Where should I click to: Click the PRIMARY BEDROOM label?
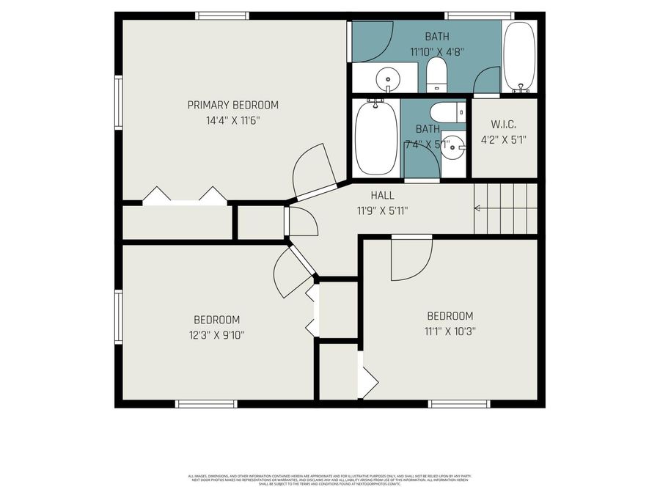[232, 105]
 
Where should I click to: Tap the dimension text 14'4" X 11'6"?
[232, 120]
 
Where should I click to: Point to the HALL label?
[382, 195]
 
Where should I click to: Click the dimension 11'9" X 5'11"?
[382, 210]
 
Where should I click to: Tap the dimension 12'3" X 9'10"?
[216, 335]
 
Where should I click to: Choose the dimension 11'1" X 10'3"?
[451, 331]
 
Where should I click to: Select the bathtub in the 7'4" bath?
[376, 138]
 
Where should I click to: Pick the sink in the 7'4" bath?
[455, 146]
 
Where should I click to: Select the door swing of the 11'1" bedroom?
[411, 258]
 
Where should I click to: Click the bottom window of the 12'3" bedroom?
[206, 403]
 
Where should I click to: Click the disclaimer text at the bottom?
[329, 480]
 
